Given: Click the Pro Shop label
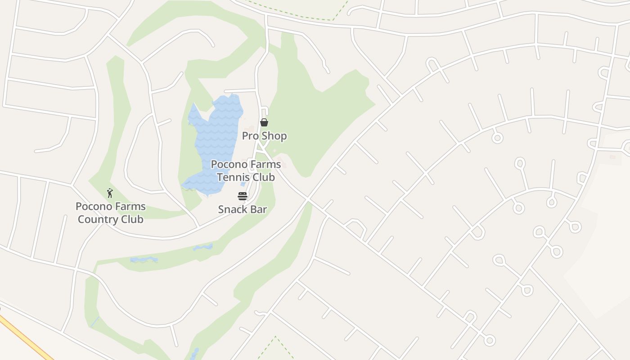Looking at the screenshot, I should click(264, 136).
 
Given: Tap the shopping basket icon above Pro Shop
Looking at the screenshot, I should click(264, 122).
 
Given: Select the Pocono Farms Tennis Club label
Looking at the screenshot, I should click(246, 171).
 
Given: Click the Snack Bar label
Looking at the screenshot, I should click(243, 209).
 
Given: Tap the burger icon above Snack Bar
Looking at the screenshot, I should click(243, 196).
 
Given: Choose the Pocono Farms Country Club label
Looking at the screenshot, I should click(111, 213).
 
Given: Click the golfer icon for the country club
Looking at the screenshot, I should click(110, 193).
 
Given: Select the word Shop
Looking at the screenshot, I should click(274, 136).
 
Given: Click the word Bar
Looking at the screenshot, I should click(259, 209).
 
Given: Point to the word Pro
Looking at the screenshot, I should click(250, 136).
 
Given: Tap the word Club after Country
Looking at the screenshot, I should click(131, 220).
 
